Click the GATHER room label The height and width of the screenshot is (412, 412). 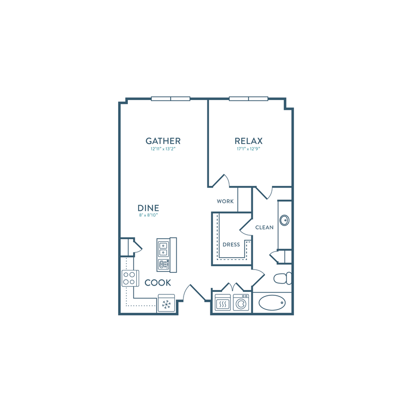pyautogui.click(x=163, y=141)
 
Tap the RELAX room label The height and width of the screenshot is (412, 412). pyautogui.click(x=248, y=141)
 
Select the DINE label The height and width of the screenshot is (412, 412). pyautogui.click(x=148, y=208)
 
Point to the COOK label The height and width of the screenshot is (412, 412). pyautogui.click(x=158, y=283)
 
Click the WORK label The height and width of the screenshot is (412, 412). pyautogui.click(x=225, y=201)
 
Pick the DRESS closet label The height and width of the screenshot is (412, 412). pyautogui.click(x=231, y=245)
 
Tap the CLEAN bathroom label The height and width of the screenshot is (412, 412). pyautogui.click(x=264, y=227)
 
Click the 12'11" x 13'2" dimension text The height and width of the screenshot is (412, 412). pyautogui.click(x=163, y=149)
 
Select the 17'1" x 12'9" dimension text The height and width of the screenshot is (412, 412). pyautogui.click(x=248, y=149)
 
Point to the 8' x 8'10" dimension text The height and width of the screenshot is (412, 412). pyautogui.click(x=148, y=215)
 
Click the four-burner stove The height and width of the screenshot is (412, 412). pyautogui.click(x=130, y=278)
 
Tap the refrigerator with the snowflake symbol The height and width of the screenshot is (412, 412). pyautogui.click(x=166, y=304)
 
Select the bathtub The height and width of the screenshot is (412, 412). pyautogui.click(x=272, y=303)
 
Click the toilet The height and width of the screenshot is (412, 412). pyautogui.click(x=283, y=278)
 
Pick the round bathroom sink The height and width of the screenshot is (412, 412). pyautogui.click(x=285, y=220)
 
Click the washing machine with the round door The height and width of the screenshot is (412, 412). pyautogui.click(x=241, y=303)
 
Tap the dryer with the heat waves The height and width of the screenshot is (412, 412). pyautogui.click(x=223, y=303)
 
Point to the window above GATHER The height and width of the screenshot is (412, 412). pyautogui.click(x=170, y=99)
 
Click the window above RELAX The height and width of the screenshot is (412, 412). pyautogui.click(x=248, y=99)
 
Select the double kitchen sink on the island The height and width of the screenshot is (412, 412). pyautogui.click(x=163, y=249)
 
